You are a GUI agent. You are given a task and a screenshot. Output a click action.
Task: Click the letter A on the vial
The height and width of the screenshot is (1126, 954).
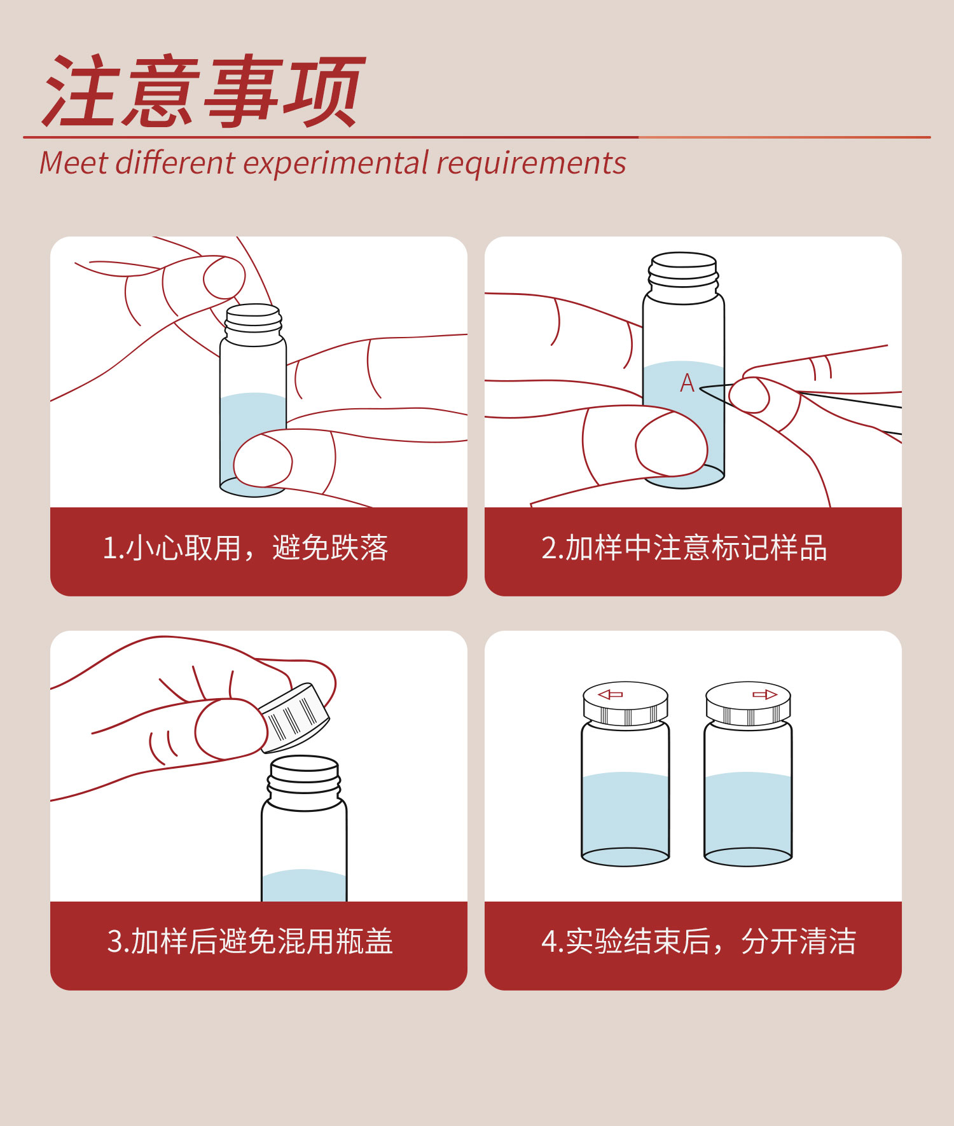[687, 383]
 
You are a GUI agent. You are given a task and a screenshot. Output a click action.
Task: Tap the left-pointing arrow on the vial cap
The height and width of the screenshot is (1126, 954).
[611, 694]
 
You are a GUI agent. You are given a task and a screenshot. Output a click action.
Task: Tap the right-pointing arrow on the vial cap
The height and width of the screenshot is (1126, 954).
[764, 694]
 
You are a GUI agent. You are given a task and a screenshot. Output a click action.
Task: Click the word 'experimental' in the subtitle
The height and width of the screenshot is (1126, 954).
[336, 163]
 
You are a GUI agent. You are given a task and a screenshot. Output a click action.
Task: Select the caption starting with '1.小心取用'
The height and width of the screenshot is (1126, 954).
[245, 548]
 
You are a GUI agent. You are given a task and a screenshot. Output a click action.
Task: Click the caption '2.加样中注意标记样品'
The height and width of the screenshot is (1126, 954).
[684, 548]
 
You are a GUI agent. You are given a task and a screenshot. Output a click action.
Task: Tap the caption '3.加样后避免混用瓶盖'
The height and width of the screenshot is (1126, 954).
[250, 942]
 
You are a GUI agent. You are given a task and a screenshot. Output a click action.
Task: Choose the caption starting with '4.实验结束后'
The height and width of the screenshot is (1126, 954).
[698, 942]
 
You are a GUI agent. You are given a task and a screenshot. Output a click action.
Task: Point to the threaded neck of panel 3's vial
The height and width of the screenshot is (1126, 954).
[304, 781]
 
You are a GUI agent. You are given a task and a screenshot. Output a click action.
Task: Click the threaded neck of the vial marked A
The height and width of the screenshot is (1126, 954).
[684, 277]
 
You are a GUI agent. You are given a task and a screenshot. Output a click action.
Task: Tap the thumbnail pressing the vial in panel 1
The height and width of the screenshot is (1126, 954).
[263, 462]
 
